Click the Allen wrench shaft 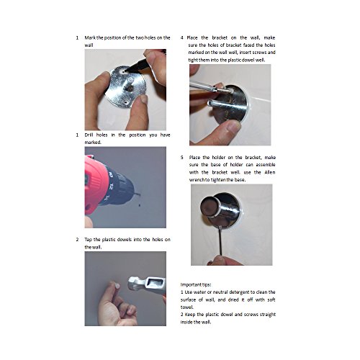coord(221,242)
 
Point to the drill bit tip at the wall coord(140,194)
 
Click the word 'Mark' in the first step coord(90,37)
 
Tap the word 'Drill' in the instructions coord(89,135)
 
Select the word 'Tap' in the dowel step coord(88,240)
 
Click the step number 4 coord(182,37)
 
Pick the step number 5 coord(182,158)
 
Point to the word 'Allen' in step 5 coord(270,172)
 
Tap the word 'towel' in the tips coord(186,307)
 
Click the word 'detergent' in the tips coord(239,292)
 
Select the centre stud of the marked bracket coord(130,89)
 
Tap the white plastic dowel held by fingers coord(117,286)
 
